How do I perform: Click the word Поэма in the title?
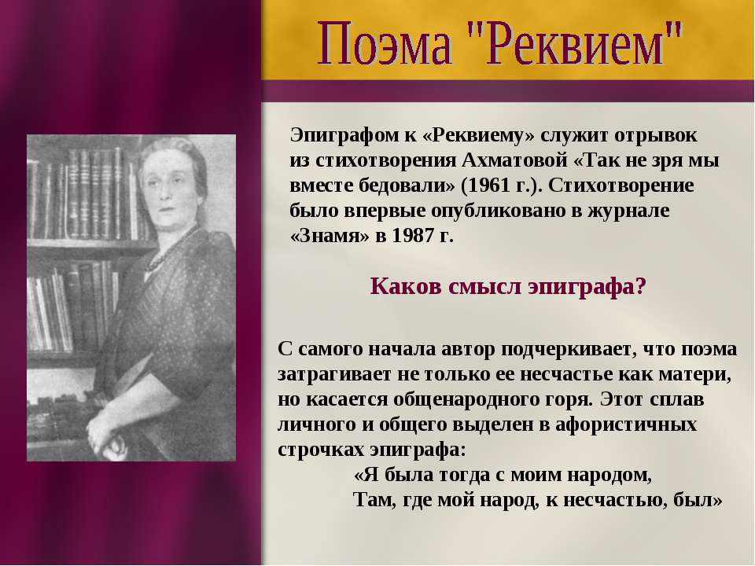[385, 44]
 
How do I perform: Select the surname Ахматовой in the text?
[514, 160]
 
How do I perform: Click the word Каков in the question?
[406, 286]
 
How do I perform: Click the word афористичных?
[625, 424]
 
